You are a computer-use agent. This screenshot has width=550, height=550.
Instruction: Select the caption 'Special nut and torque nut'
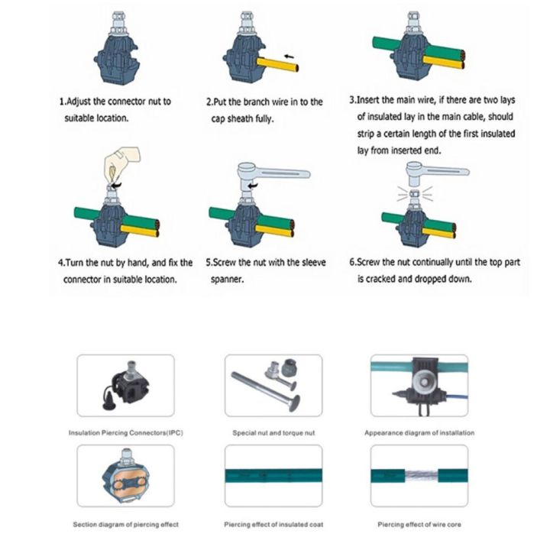coord(273,432)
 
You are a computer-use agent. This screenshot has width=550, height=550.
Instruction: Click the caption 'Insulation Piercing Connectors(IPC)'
coord(125,432)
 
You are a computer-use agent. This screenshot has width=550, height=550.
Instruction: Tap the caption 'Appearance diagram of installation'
coord(419,432)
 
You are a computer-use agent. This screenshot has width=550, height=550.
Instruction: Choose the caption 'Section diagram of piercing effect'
coord(125,524)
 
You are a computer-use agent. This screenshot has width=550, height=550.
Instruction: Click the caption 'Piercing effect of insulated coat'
coord(273,524)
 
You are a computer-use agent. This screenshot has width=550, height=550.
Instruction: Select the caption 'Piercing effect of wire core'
coord(419,524)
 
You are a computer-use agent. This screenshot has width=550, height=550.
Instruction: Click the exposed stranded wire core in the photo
coord(419,476)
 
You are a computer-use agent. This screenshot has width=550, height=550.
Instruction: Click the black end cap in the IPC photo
coord(104,400)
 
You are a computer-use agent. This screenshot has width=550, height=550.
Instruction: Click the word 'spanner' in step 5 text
coord(228,279)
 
